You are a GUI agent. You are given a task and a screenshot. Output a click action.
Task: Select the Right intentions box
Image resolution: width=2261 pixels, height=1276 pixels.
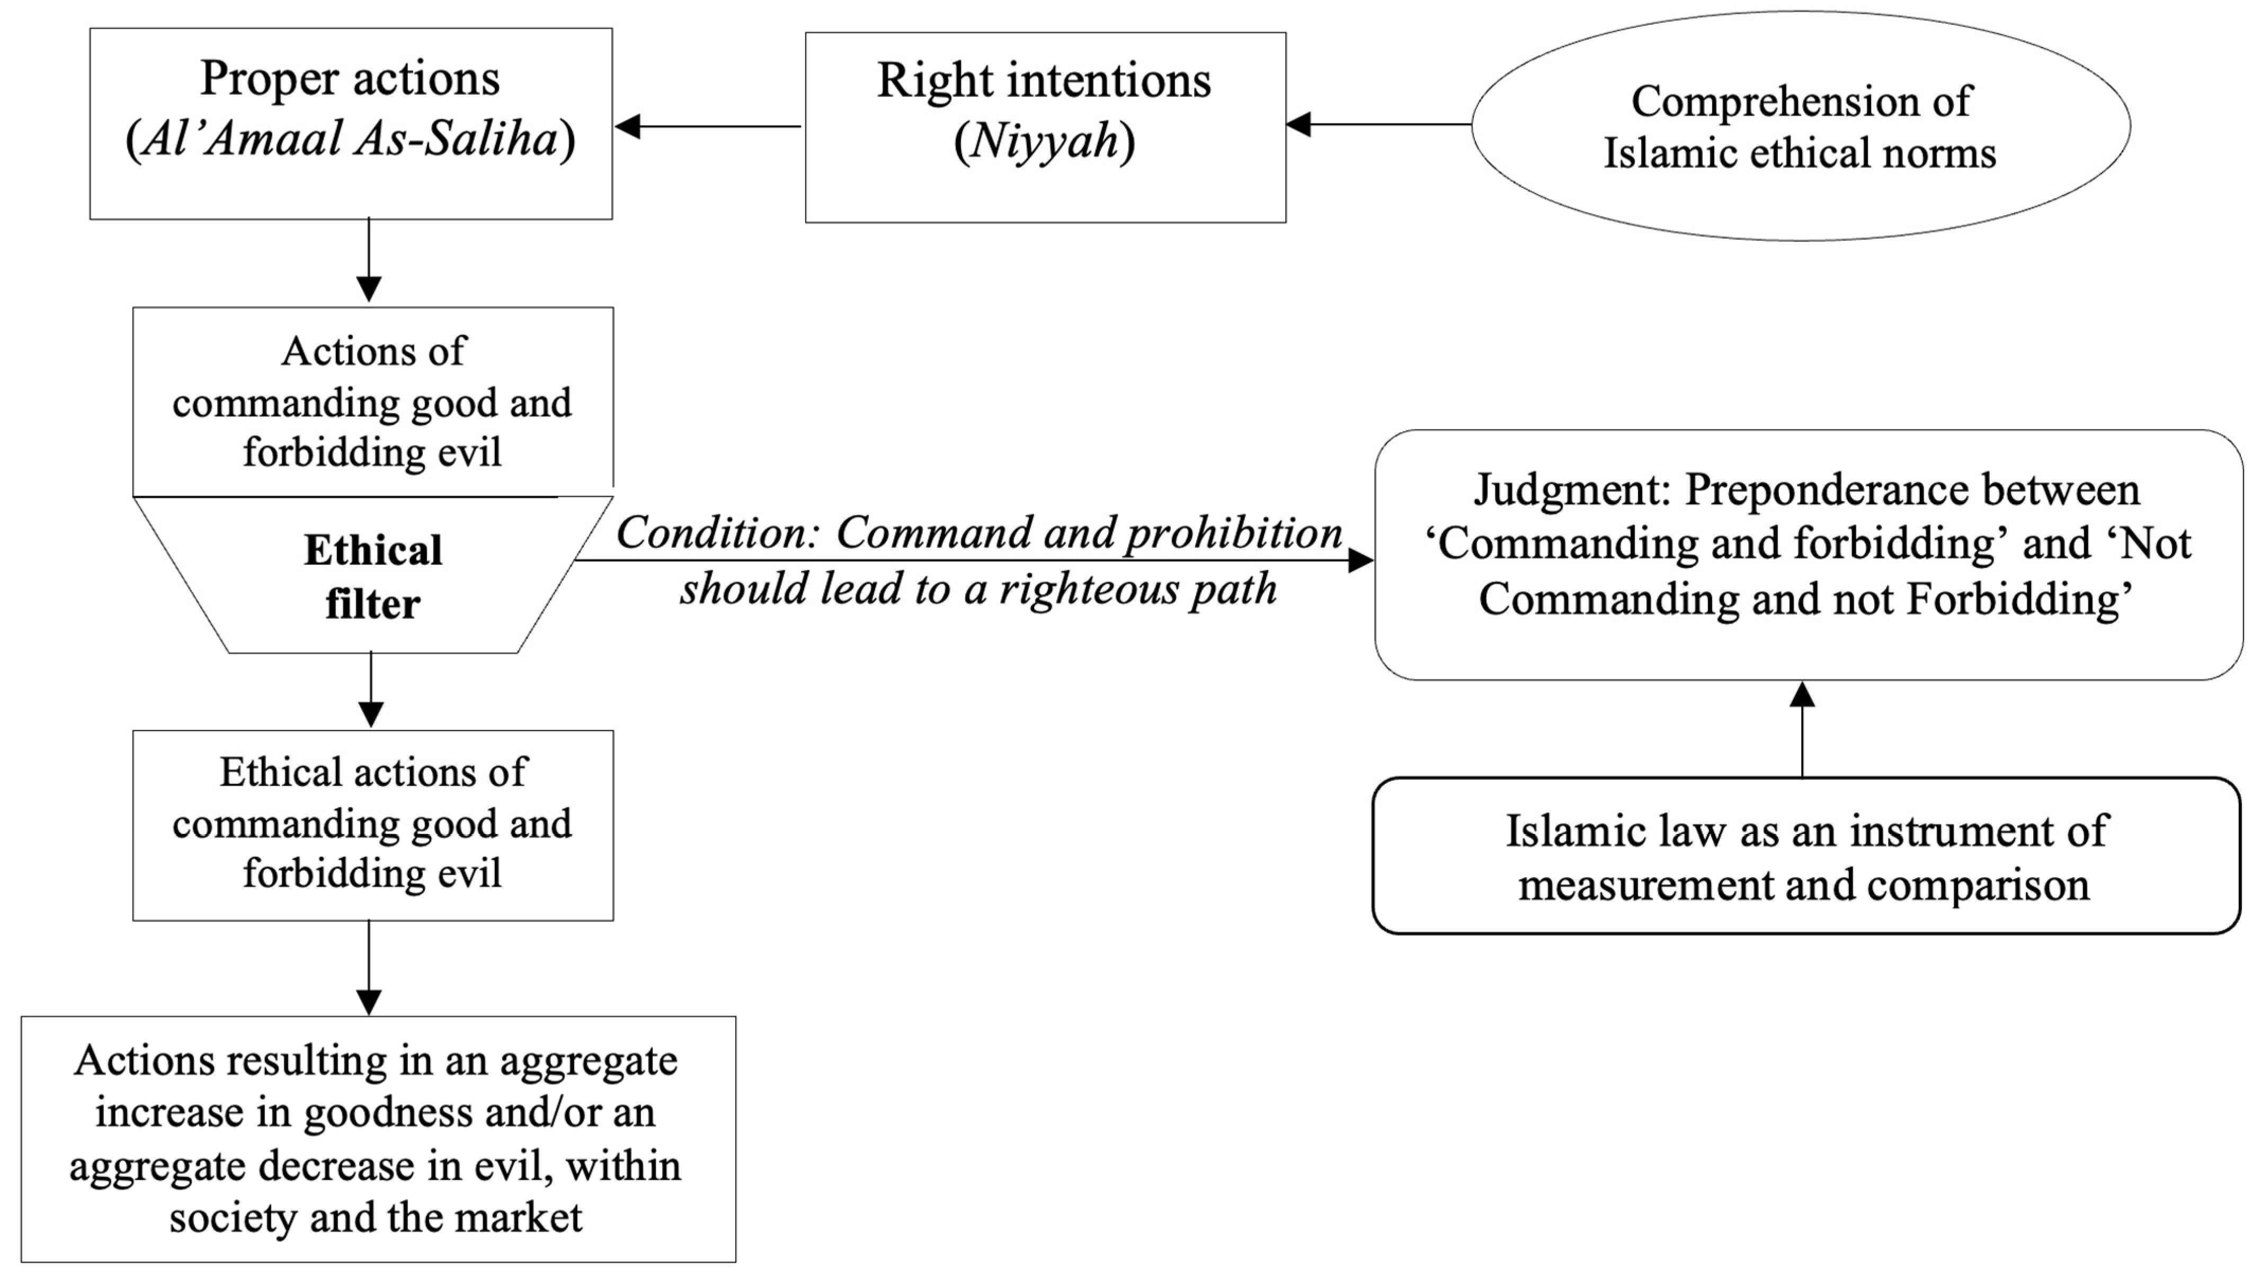tap(1045, 127)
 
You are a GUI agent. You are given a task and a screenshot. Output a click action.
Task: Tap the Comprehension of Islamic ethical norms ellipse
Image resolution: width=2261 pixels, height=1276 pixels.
tap(1800, 126)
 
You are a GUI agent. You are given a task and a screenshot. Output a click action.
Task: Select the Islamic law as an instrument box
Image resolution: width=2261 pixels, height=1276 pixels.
tap(1805, 855)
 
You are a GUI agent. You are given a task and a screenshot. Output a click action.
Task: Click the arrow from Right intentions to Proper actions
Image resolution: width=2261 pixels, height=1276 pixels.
tap(707, 127)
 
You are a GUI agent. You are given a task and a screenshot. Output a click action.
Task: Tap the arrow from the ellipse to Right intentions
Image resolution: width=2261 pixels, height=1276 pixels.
tap(1378, 124)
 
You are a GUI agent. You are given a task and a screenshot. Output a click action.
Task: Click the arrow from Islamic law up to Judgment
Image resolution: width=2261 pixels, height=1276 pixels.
tap(1802, 728)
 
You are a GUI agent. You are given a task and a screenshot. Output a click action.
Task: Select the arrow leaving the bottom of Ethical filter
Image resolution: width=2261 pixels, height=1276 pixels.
tap(371, 690)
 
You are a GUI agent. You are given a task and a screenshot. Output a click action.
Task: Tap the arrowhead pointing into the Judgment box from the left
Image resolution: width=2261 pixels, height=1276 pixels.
tap(1360, 560)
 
